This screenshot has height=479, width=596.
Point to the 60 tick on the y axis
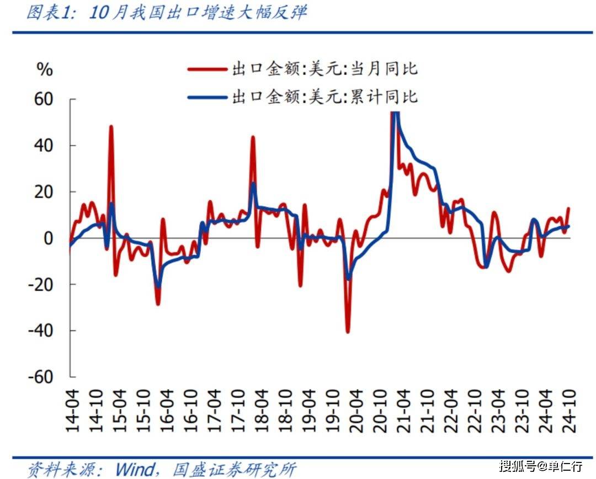coord(44,99)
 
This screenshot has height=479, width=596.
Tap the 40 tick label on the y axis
coord(44,146)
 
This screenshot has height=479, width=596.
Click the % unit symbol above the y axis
coord(44,70)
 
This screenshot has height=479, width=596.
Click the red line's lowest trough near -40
coord(348,332)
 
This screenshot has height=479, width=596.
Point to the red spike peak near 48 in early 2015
coord(111,126)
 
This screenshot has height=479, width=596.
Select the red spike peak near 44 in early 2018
coord(253,137)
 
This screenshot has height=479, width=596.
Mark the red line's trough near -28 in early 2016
coord(158,304)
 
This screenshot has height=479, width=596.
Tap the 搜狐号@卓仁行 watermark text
coord(540,466)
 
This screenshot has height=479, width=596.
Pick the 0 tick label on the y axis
coord(49,238)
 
